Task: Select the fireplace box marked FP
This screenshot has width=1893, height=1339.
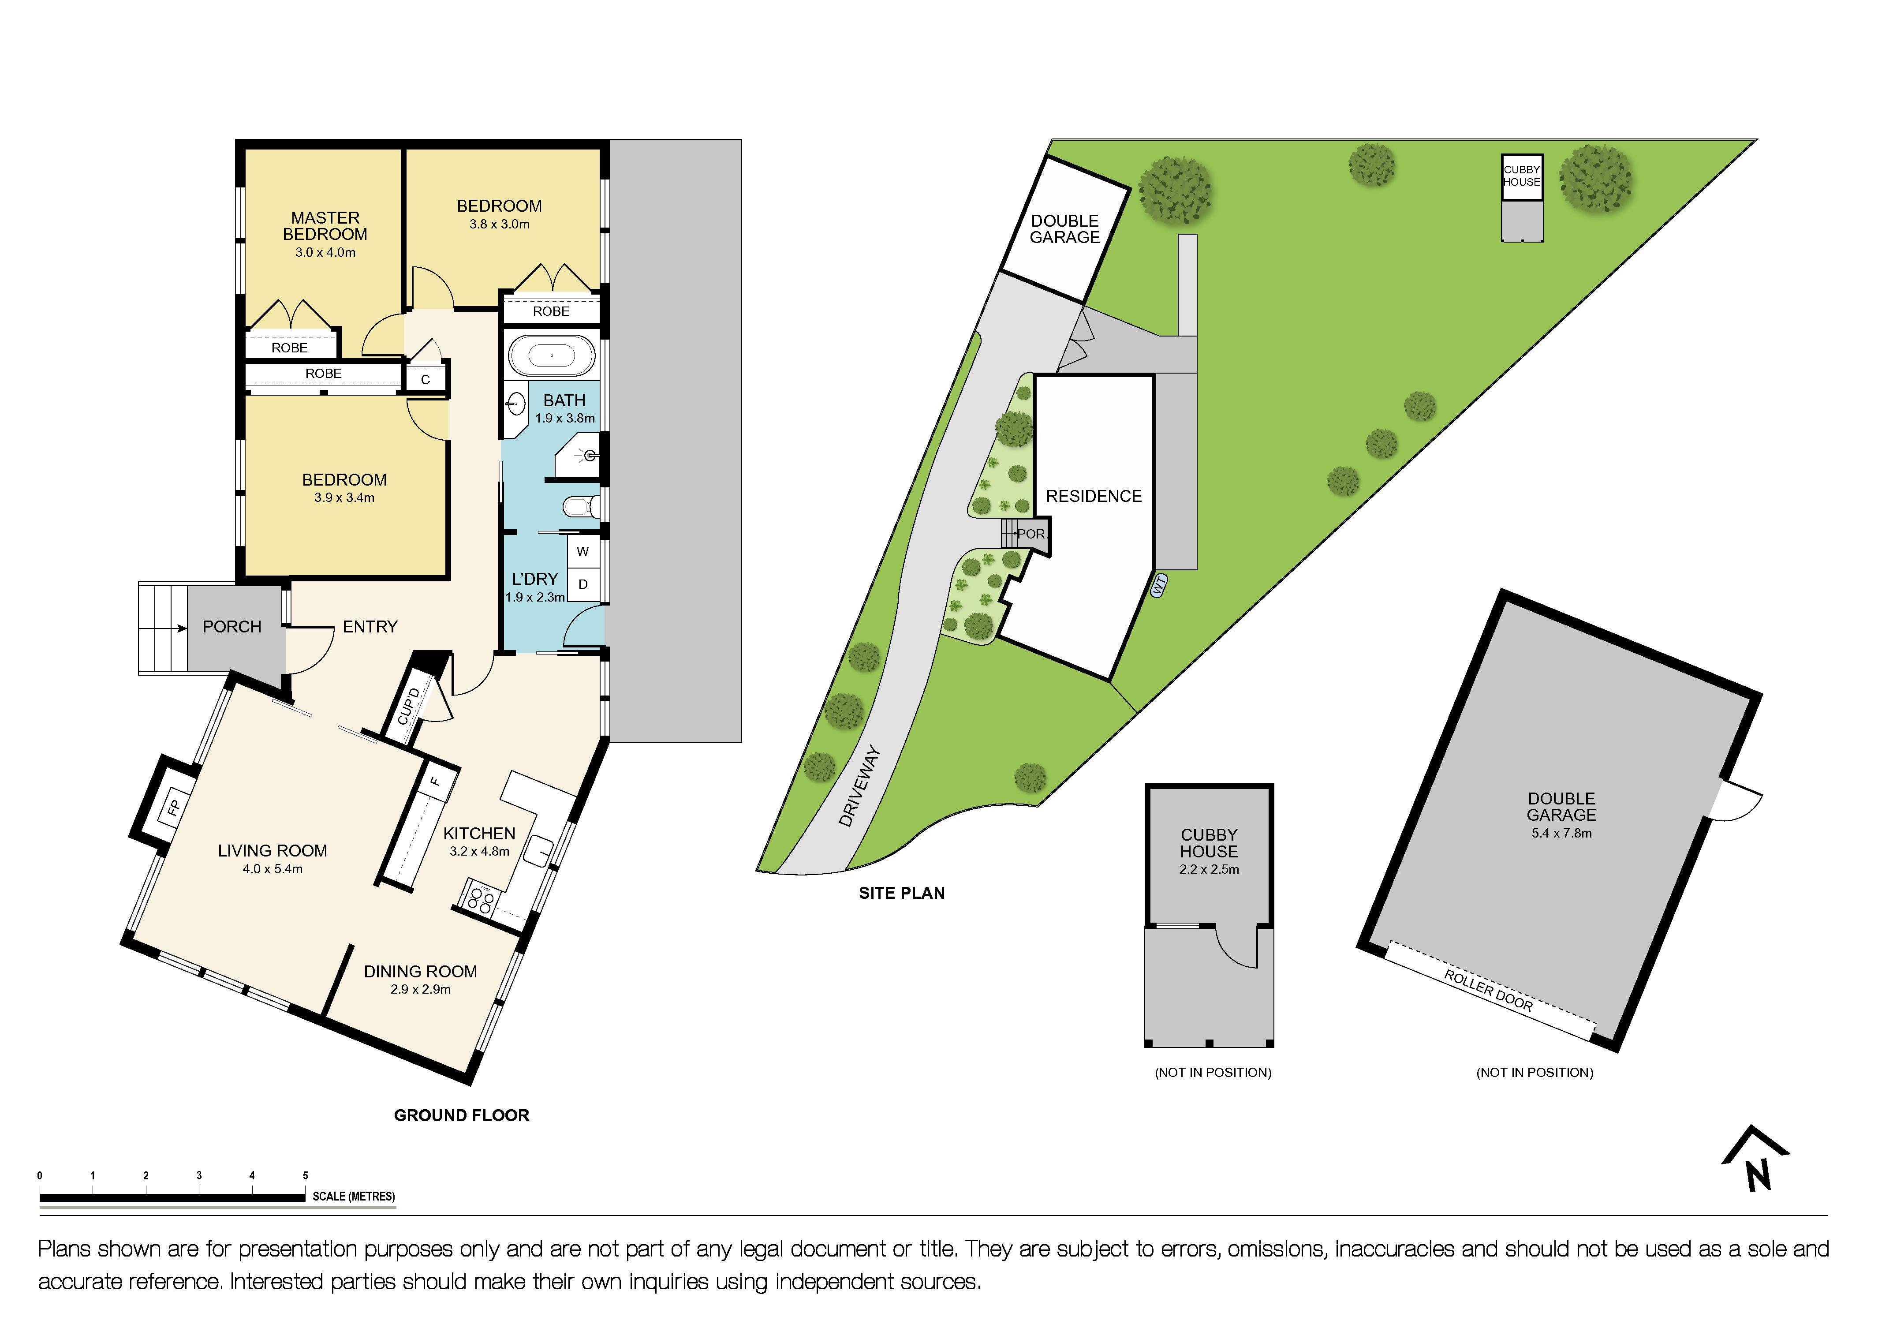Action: coord(173,808)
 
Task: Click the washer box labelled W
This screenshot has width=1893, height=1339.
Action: coord(583,552)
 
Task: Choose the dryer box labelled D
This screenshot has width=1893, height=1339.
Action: coord(583,584)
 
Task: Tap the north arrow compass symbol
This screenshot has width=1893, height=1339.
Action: coord(1756,1159)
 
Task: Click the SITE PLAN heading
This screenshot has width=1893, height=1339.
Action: coord(902,893)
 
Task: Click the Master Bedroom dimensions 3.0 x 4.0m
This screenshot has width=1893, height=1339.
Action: coord(326,252)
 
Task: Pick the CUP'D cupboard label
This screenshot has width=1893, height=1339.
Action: coord(409,706)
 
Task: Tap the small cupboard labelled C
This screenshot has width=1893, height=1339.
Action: coord(426,379)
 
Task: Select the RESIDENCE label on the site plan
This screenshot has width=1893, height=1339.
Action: coord(1094,496)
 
